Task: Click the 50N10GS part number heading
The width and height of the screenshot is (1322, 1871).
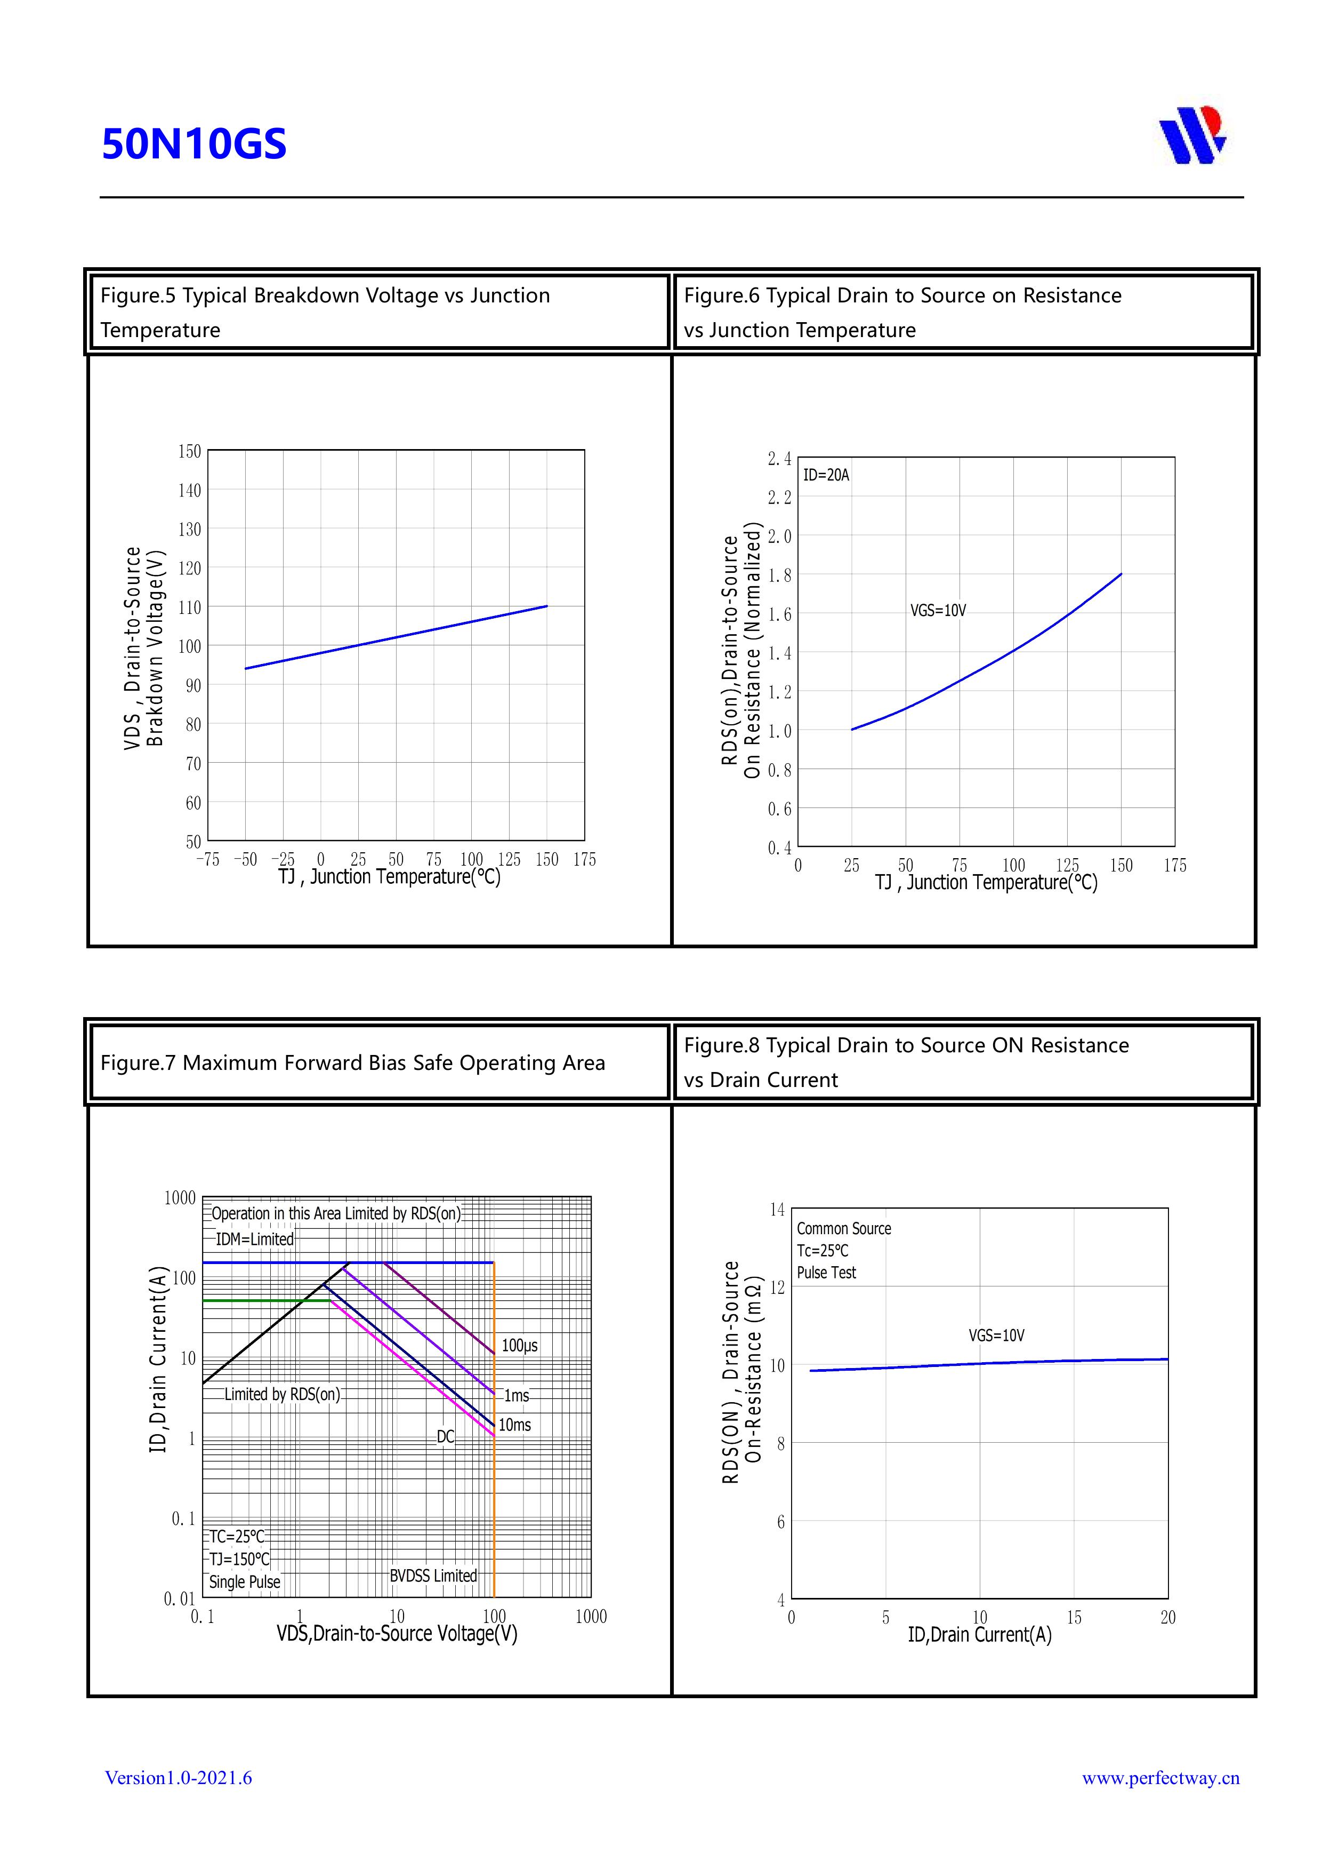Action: (x=194, y=144)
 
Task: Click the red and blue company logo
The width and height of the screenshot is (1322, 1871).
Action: (x=1192, y=134)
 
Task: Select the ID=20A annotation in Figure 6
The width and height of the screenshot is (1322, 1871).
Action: (x=826, y=475)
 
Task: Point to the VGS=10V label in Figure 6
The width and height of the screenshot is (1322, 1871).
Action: (x=938, y=610)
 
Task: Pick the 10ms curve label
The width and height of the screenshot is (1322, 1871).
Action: (x=515, y=1425)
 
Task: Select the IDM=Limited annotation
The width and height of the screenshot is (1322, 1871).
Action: (x=254, y=1240)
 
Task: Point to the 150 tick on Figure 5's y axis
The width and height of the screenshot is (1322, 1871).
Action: (x=189, y=451)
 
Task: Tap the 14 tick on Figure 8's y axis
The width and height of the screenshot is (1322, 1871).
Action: (x=777, y=1210)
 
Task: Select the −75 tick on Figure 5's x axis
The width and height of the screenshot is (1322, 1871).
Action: (x=208, y=860)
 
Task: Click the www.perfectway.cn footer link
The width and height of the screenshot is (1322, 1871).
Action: (x=1160, y=1777)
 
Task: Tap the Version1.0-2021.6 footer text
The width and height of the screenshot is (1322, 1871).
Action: (x=179, y=1777)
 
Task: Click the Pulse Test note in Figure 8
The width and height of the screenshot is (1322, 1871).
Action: (x=826, y=1273)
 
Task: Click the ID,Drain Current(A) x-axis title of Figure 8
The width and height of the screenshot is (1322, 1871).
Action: (x=979, y=1635)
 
